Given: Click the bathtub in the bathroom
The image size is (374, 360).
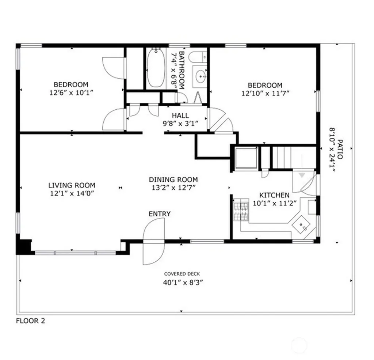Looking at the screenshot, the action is tap(156, 68).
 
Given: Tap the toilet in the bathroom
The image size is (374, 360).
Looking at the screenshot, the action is tap(198, 57).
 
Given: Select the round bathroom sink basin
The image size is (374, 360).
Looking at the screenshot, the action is tap(201, 76).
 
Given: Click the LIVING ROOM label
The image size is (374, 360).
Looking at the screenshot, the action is tap(72, 185).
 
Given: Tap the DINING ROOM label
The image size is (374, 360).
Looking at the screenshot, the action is tap(173, 179).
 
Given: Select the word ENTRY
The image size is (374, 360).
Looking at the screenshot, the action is tap(160, 214).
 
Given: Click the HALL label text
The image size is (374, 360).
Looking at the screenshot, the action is tap(180, 115).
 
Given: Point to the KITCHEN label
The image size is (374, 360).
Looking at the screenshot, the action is tap(274, 195).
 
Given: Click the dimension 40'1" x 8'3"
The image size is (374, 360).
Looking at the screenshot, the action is tap(183, 283).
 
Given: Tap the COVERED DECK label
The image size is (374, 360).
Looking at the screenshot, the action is tap(182, 274).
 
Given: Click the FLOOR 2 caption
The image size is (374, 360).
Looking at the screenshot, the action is tap(31, 321).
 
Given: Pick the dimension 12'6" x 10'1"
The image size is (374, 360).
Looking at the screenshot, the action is tap(71, 92).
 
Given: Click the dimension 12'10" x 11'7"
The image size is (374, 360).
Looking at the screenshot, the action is tap(265, 93).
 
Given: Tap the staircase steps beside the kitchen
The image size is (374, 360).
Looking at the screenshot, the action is tap(282, 157).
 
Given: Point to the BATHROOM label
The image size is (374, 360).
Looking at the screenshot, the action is tap(182, 70).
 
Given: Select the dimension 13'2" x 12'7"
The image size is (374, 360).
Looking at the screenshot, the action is tap(173, 188).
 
